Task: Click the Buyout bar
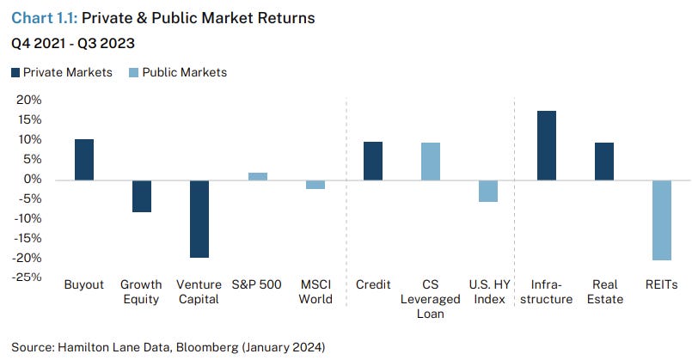point(83,160)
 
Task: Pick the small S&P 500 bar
point(257,176)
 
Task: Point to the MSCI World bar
point(315,185)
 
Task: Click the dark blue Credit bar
point(372,161)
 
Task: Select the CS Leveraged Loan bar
point(431,162)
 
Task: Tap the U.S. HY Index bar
point(488,191)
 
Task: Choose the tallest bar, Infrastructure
point(546,145)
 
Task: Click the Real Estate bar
point(603,162)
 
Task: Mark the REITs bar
point(661,220)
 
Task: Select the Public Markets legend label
point(184,73)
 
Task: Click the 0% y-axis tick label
point(32,180)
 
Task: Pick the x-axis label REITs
point(661,285)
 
